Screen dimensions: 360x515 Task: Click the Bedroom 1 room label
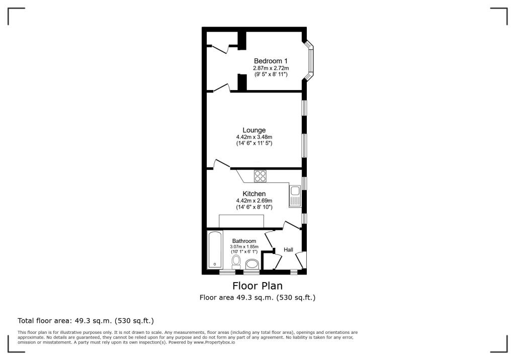[271, 61]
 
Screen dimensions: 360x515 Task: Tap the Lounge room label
[254, 130]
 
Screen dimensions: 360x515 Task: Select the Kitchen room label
[254, 194]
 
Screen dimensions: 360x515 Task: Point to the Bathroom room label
[244, 241]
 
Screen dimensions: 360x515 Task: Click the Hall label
[288, 250]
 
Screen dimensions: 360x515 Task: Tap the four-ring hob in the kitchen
[260, 176]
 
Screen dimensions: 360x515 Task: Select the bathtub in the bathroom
[215, 250]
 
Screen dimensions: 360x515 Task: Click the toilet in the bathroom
[236, 262]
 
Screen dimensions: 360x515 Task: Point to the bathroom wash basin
[251, 264]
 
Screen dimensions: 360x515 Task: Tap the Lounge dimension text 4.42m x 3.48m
[254, 137]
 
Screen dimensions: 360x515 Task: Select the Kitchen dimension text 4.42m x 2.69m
[254, 201]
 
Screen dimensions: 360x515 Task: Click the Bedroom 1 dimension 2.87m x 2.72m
[271, 68]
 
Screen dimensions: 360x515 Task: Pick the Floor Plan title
[257, 286]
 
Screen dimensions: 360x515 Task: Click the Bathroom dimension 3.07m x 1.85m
[244, 247]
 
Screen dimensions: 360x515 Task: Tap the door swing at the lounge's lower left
[220, 164]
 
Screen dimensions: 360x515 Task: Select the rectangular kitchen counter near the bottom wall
[241, 221]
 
